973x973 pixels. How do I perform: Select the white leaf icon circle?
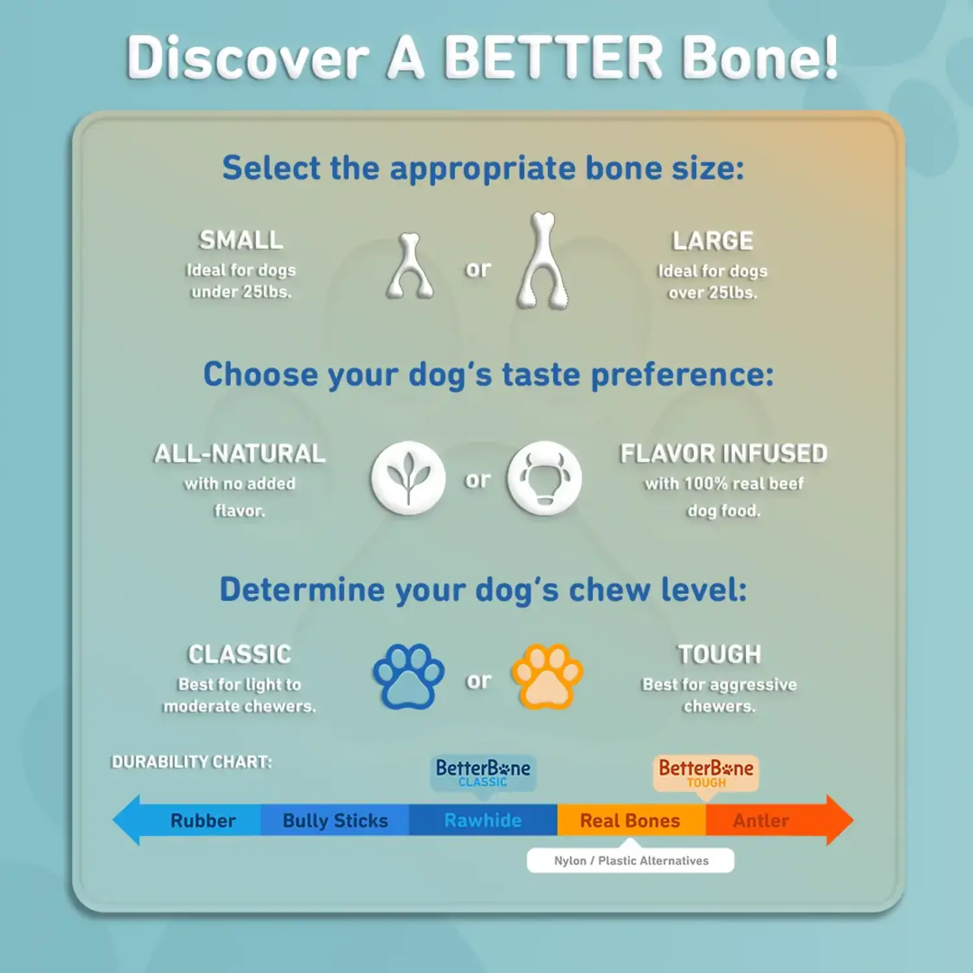click(408, 479)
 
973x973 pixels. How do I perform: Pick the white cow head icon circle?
click(544, 479)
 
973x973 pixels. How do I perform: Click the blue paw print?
click(409, 677)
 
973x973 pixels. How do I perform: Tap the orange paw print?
click(547, 677)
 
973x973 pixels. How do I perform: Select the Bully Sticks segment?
click(335, 821)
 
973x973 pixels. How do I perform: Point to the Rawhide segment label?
click(483, 821)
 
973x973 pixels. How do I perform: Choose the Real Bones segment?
click(631, 821)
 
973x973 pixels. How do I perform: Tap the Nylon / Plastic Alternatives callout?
click(631, 860)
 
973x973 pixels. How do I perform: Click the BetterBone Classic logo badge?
click(483, 773)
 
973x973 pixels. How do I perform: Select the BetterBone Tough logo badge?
click(706, 773)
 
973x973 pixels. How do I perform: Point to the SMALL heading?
click(241, 240)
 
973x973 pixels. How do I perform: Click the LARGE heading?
click(713, 241)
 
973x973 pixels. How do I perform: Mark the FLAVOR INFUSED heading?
click(724, 453)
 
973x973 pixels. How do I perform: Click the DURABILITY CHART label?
click(192, 762)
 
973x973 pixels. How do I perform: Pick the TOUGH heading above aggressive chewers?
click(719, 654)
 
